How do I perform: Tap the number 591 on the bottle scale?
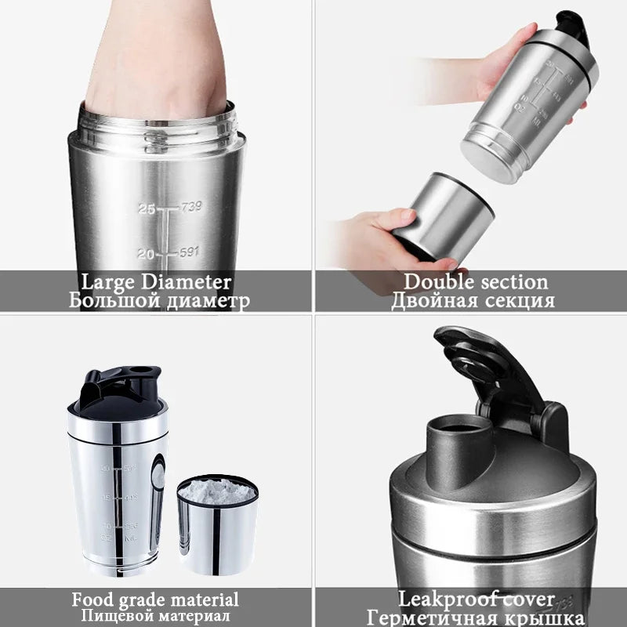(190, 253)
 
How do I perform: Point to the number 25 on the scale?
(147, 208)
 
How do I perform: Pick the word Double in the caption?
(437, 282)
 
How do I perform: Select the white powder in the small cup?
(217, 491)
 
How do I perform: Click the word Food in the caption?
(91, 600)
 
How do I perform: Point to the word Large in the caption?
(108, 282)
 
